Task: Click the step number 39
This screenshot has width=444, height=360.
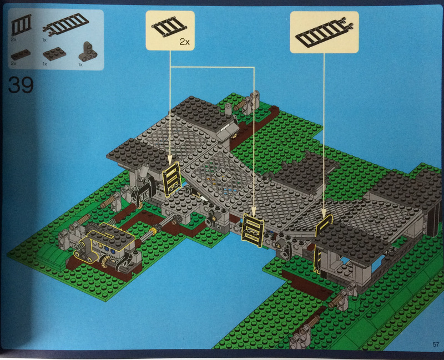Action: pos(21,85)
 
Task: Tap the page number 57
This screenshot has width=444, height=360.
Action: pos(436,344)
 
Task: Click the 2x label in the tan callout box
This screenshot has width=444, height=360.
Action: pos(185,42)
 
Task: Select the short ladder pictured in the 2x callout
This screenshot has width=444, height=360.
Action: pos(169,27)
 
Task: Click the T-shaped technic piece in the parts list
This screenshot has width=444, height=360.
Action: pos(87,52)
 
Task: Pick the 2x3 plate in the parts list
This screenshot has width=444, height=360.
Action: pos(54,54)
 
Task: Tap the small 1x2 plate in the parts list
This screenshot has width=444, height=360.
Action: pos(21,54)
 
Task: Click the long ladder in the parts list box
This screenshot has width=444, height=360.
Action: pos(66,25)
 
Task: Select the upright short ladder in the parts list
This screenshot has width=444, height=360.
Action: pos(21,25)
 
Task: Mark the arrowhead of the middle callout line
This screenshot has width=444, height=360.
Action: pos(254,210)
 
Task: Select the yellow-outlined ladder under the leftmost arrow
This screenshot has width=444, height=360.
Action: pos(171,179)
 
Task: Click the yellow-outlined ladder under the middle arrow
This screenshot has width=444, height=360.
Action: pos(253,230)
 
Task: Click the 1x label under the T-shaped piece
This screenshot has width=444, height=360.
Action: pos(80,65)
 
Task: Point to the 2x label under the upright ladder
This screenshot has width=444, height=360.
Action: pos(13,40)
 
